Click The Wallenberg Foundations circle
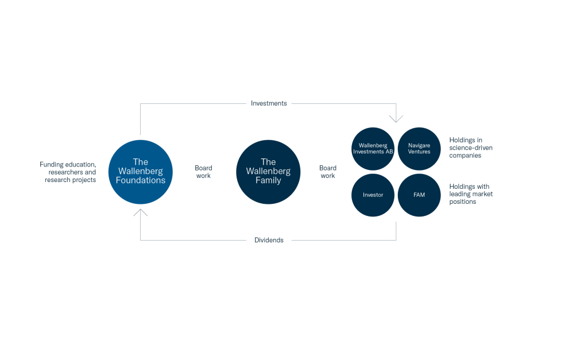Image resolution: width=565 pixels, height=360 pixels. tap(141, 172)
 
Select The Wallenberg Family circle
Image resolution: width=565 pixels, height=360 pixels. tap(268, 172)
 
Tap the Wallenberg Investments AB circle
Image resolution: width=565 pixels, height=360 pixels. tap(373, 149)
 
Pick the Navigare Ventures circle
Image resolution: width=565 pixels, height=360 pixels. tap(419, 149)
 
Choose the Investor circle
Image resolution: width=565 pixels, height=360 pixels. tap(373, 195)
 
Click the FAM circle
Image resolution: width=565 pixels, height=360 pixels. tap(419, 195)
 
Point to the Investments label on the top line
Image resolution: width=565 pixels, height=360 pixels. tap(269, 103)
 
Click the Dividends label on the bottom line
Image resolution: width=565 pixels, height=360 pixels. tap(269, 240)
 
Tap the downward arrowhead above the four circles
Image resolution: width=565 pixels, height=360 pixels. tap(396, 118)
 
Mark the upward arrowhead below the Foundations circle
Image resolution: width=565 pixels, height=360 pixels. tap(141, 212)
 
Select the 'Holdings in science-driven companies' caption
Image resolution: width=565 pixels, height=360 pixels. tap(471, 148)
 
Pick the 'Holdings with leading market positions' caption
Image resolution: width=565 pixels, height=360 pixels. tap(471, 194)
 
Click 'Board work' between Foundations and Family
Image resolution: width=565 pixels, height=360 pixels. tap(203, 172)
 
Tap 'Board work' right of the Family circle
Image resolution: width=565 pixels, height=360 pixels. tap(328, 172)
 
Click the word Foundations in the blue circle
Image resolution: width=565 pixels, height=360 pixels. tap(141, 180)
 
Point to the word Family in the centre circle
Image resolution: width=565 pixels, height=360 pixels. tap(268, 180)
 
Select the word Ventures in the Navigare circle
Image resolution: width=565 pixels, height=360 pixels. tap(419, 152)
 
